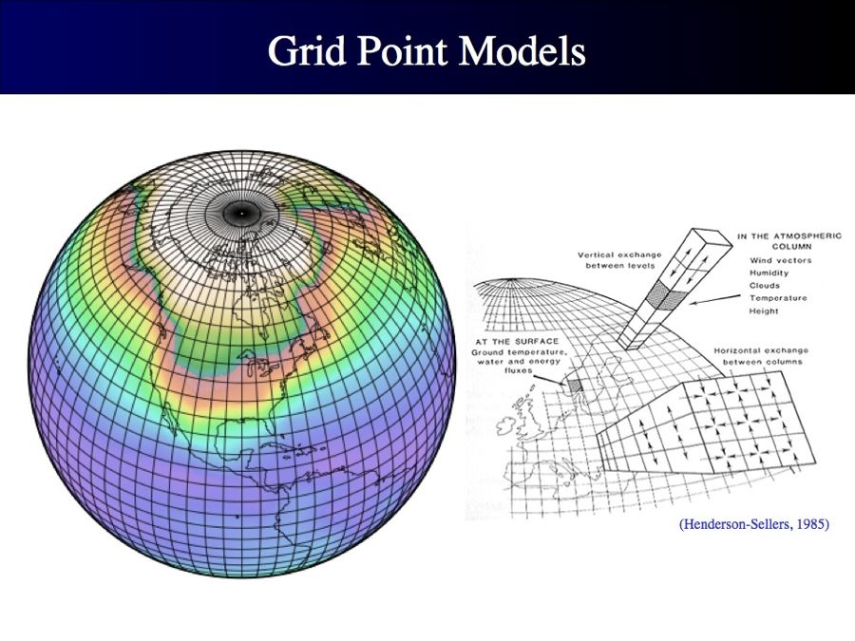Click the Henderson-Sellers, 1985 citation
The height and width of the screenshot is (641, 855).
[x=754, y=524]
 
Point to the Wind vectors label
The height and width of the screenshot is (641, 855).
[x=780, y=260]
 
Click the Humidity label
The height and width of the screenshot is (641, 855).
[x=769, y=273]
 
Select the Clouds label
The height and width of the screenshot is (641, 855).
[x=765, y=286]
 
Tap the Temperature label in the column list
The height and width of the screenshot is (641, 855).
[x=778, y=298]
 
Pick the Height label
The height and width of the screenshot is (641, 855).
[x=764, y=311]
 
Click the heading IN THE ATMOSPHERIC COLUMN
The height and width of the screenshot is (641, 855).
[x=789, y=241]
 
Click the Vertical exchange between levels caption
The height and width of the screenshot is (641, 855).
[x=619, y=260]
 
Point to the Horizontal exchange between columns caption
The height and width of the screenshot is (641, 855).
[x=761, y=356]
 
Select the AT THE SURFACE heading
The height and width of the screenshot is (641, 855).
[x=517, y=341]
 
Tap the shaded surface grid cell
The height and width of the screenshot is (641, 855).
[x=575, y=386]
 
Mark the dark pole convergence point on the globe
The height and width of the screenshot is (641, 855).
[x=241, y=213]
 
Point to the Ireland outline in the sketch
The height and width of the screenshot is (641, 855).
[x=507, y=424]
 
